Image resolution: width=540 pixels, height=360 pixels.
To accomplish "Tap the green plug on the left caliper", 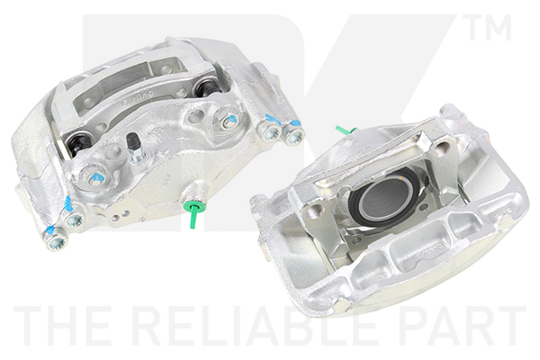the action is tap(193, 213).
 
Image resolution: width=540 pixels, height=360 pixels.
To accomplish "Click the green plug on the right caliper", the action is tap(346, 130).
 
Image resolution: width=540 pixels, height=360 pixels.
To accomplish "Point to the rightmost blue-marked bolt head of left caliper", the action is tap(293, 135).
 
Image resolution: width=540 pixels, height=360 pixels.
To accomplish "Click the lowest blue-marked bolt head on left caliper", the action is tap(55, 239).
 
